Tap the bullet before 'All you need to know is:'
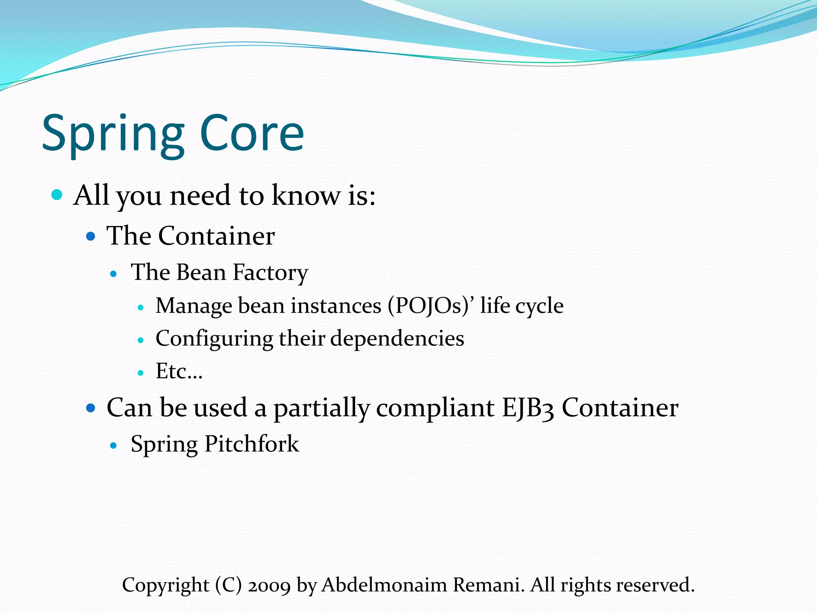[57, 195]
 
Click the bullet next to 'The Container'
[91, 236]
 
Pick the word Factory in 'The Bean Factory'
[270, 273]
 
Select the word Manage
[194, 306]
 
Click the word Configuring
[214, 339]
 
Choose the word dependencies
[397, 338]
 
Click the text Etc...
[178, 372]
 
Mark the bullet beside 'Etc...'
[140, 373]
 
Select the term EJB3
[527, 408]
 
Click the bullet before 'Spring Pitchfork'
[114, 445]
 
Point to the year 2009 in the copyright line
[269, 585]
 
